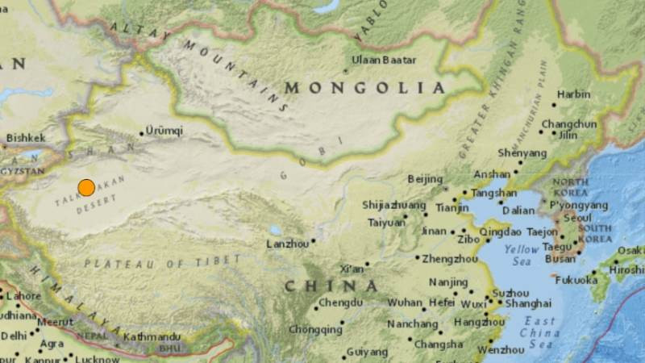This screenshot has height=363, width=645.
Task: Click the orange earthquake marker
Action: [86, 188]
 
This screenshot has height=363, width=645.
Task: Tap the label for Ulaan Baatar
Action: [385, 60]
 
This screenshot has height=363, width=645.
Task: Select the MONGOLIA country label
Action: [364, 87]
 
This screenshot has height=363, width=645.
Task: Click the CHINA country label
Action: [331, 286]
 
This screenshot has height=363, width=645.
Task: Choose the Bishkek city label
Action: [26, 138]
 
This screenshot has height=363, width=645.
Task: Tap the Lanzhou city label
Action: [288, 244]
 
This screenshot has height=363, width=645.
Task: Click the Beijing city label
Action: [426, 178]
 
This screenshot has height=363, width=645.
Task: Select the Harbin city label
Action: [573, 94]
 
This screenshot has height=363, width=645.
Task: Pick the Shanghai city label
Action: [529, 304]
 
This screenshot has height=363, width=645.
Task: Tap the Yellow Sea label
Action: [522, 256]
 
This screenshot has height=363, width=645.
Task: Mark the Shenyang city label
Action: [522, 152]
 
